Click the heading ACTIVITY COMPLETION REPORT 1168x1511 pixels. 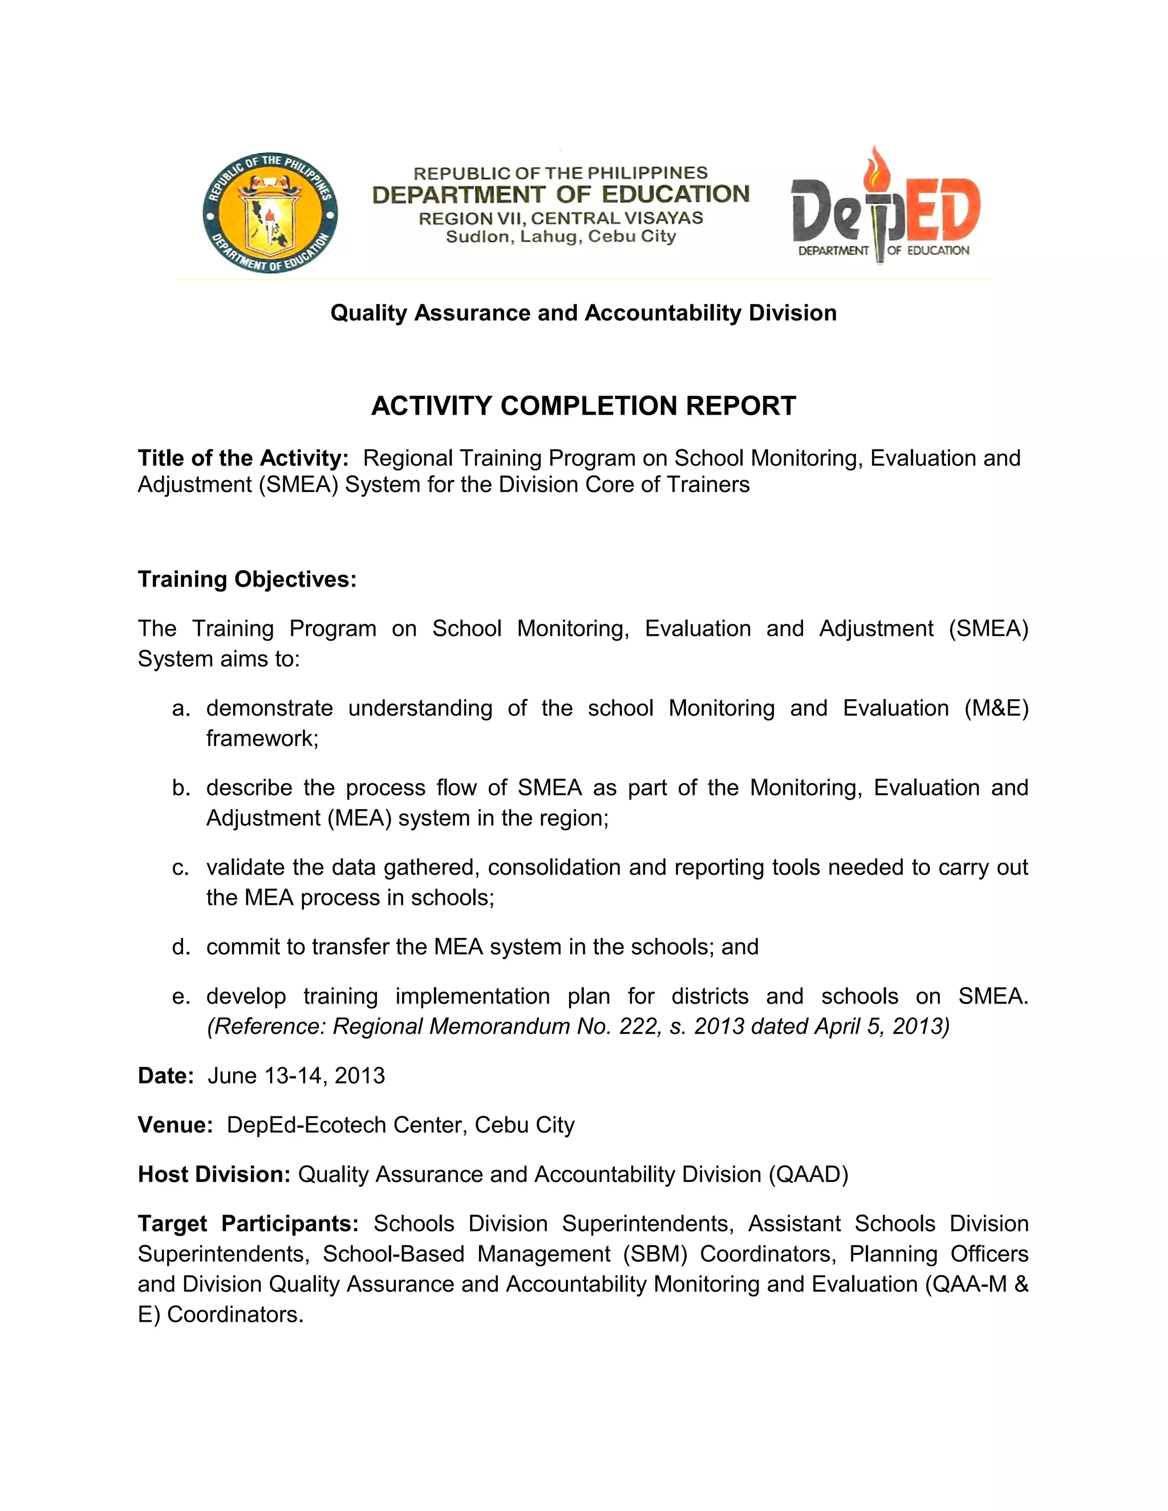[583, 406]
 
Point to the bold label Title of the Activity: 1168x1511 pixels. [243, 458]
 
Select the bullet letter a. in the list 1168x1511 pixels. [181, 708]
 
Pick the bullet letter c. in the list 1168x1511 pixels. [181, 868]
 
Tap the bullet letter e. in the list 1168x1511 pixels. [181, 996]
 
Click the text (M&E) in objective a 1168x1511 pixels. [996, 708]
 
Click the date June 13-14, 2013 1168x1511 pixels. [296, 1076]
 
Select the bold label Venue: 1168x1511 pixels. [175, 1125]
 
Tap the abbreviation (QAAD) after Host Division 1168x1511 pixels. [808, 1174]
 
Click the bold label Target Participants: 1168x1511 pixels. [248, 1223]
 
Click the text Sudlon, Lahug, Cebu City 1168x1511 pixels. [561, 237]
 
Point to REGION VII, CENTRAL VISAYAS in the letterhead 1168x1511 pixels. [561, 218]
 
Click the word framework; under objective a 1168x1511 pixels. [262, 739]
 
